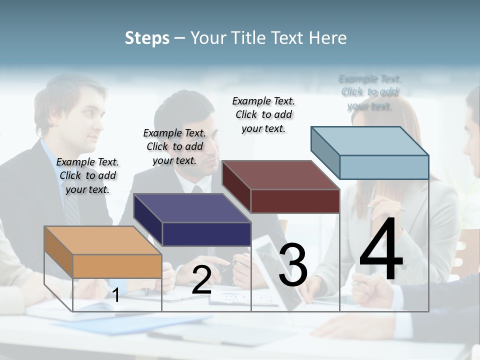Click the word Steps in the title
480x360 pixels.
147,38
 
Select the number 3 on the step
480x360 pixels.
293,265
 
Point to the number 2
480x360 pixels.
201,280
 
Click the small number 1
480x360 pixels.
116,295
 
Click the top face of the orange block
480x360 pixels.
102,240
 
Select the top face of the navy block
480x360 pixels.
191,208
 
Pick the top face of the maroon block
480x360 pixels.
280,175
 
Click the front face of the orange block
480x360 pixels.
117,266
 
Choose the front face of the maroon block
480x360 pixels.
295,201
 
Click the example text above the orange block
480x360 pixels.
87,175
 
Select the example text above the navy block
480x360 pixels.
174,146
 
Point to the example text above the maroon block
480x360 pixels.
263,114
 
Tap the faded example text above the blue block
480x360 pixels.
370,92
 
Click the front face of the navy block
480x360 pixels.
206,234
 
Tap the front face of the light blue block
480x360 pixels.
384,167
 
